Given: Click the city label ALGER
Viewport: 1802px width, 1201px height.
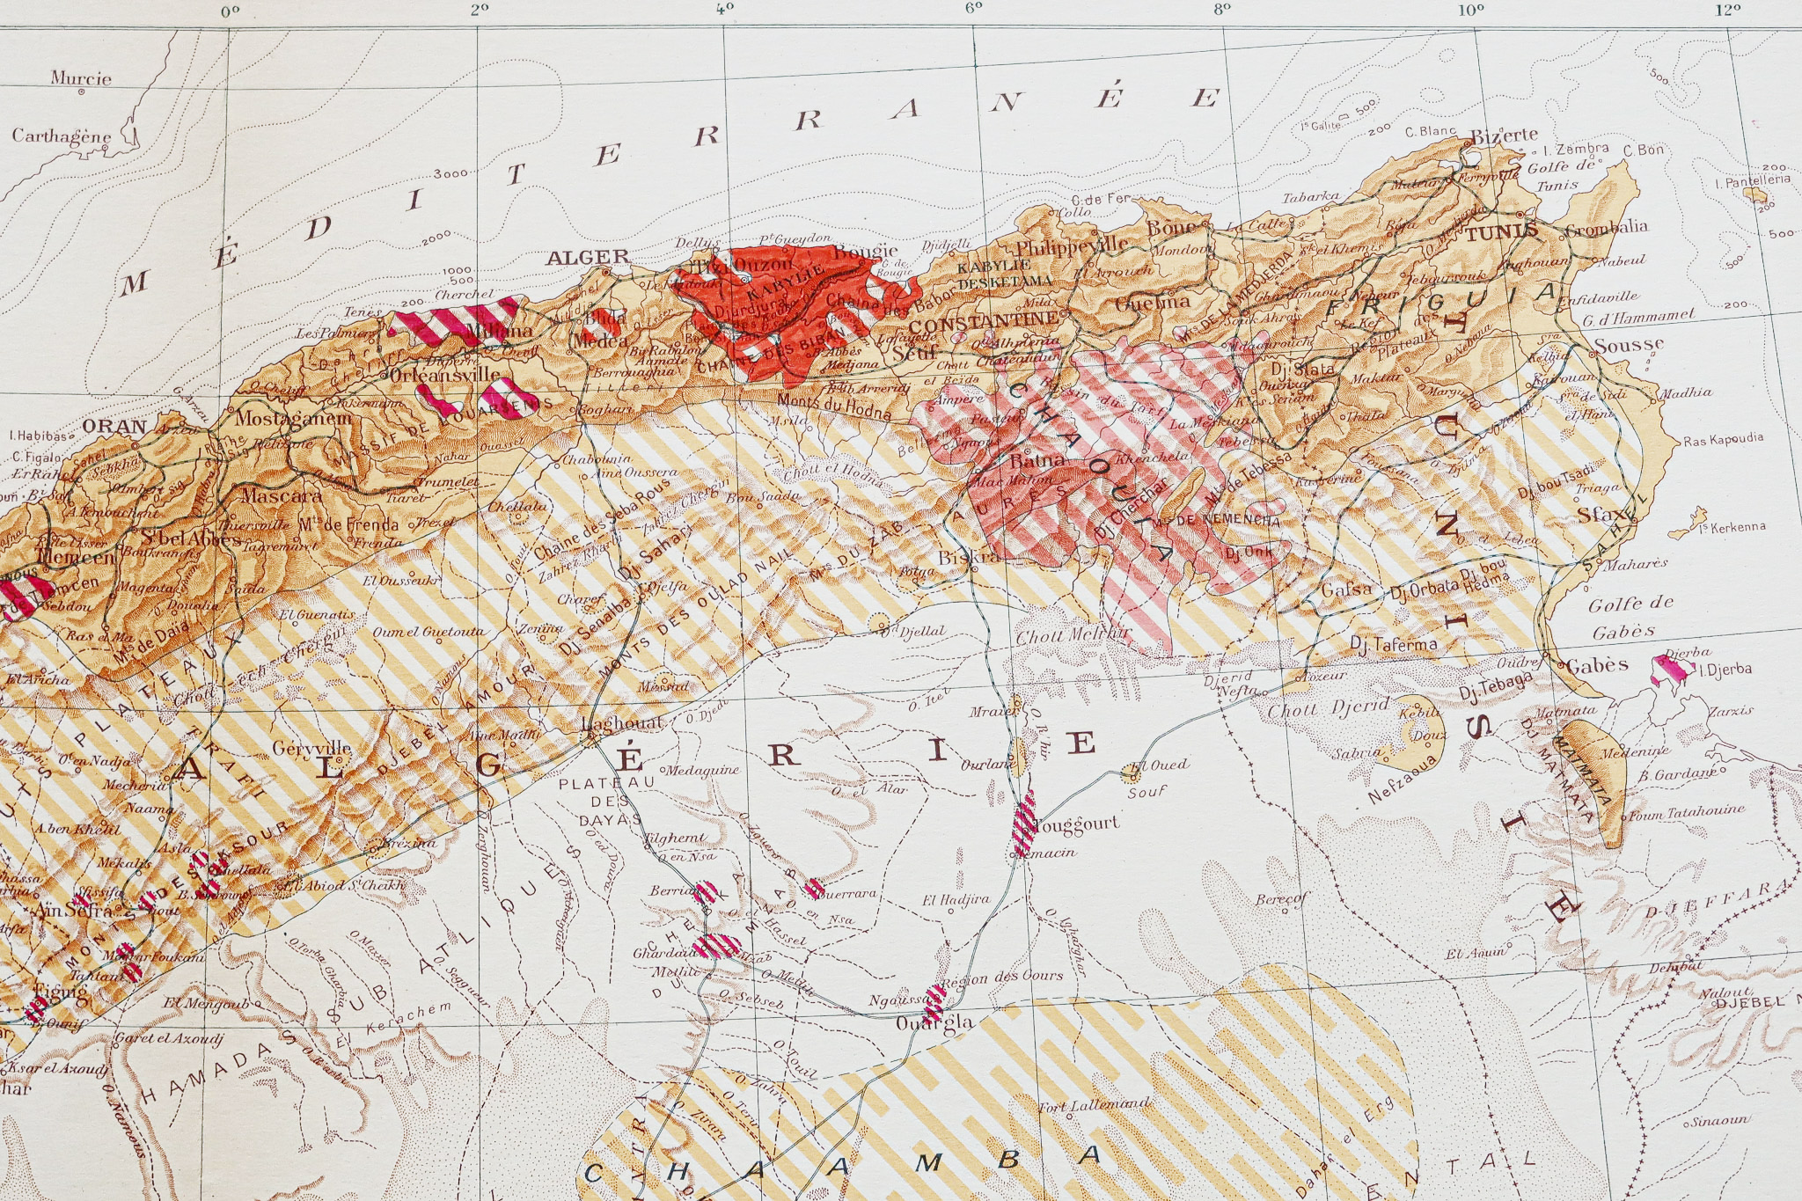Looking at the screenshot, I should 587,258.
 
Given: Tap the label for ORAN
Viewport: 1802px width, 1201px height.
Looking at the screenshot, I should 114,427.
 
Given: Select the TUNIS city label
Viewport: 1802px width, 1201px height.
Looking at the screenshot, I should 1502,233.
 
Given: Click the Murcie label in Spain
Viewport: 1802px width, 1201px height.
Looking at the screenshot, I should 81,78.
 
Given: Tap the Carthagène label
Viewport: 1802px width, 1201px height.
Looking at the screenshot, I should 62,136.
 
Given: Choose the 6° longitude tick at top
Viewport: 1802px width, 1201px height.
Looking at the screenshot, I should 972,10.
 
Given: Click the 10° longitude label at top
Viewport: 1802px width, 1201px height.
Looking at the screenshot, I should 1470,10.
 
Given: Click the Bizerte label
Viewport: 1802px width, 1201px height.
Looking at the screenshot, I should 1505,135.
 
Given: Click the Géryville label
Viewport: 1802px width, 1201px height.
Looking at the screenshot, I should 311,748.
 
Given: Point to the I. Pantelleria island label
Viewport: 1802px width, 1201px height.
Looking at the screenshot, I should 1753,181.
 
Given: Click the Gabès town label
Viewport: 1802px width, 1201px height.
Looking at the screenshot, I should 1597,665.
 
